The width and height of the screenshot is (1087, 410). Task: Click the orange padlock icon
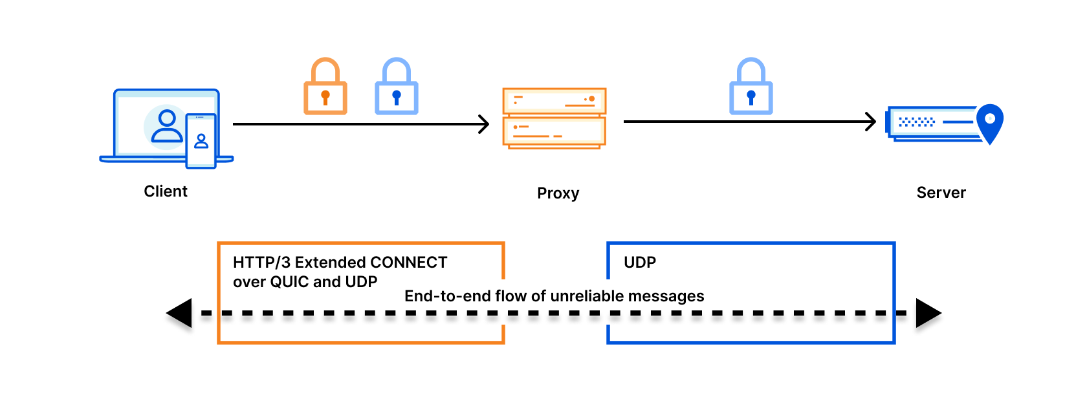coord(325,86)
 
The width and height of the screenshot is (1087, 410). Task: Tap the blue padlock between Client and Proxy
coord(397,86)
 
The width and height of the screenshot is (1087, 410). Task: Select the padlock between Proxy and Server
coord(751,86)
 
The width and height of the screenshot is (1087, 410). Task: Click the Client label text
coord(166,191)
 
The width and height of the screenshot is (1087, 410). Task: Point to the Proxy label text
coord(558,193)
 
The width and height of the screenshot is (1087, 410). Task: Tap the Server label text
coord(941,193)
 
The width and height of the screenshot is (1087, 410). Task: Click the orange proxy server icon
coord(554,118)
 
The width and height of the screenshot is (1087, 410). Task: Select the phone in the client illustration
coord(201,141)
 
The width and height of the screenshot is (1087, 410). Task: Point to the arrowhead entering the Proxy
coord(484,124)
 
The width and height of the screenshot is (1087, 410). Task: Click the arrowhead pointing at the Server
coord(871,122)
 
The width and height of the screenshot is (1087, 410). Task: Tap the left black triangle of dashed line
coord(179,313)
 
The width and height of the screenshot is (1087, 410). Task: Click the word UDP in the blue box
coord(639,263)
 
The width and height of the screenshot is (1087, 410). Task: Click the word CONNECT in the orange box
coord(409,263)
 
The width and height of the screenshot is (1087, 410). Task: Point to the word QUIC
coord(289,282)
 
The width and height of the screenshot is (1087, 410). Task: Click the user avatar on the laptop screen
coord(167,127)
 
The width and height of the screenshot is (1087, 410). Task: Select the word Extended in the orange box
coord(331,263)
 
